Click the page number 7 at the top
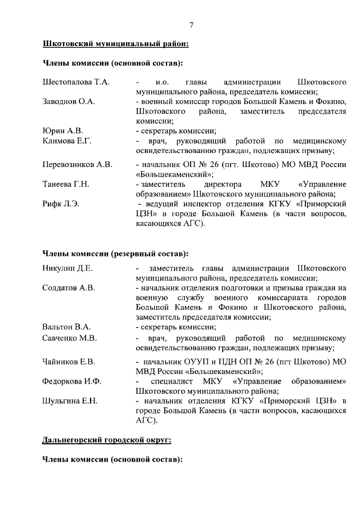tap(191, 25)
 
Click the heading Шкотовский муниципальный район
tap(115, 43)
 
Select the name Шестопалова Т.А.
tap(76, 82)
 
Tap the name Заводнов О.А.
tap(69, 102)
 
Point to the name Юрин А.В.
tap(62, 131)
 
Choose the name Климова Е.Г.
tap(67, 141)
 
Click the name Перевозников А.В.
tap(78, 165)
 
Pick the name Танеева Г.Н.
tap(66, 184)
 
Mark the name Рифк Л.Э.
tap(61, 204)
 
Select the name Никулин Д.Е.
tap(67, 268)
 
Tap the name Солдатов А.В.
tap(69, 287)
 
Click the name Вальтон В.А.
tap(67, 327)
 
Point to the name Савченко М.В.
tap(70, 338)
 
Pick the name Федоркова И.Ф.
tap(72, 381)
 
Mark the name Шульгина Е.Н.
tap(70, 400)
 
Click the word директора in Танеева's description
tap(223, 184)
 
